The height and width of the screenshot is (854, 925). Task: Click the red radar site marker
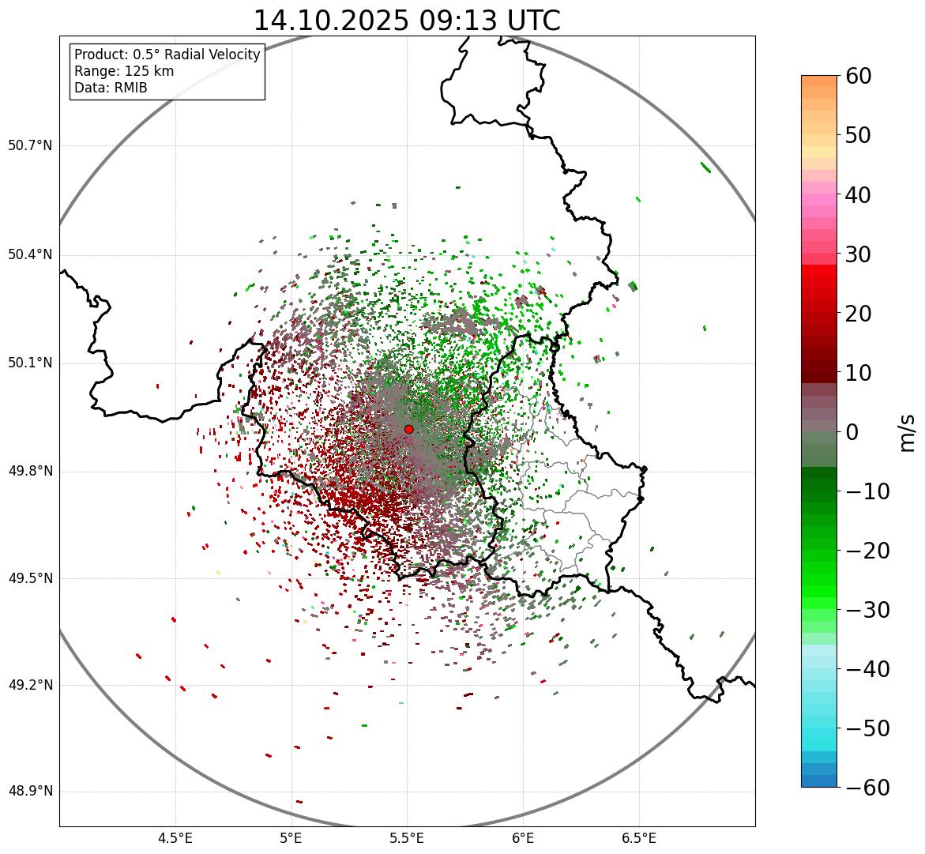pos(408,429)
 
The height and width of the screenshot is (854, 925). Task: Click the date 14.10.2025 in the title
pos(331,21)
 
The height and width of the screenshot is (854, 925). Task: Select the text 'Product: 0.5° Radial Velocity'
pos(167,55)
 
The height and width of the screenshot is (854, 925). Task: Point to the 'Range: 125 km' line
pos(124,71)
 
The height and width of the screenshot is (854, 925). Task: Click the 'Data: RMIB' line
pos(111,88)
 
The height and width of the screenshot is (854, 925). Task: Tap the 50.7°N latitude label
pos(30,145)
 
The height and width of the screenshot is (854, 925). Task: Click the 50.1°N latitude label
pos(30,363)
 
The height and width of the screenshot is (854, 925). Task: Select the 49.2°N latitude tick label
pos(30,685)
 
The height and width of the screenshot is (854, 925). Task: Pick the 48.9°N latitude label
pos(30,792)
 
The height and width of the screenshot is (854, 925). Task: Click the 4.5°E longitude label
pos(175,838)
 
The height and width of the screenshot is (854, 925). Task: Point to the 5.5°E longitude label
pos(407,838)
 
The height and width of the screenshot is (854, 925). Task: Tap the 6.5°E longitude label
pos(638,838)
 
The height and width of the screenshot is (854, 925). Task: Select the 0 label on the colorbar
pos(852,432)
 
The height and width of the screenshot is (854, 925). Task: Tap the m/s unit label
pos(907,432)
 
